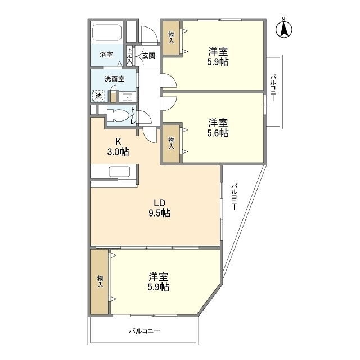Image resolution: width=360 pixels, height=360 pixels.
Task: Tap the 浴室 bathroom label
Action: (106, 55)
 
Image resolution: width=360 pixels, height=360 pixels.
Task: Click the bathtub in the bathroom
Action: (107, 33)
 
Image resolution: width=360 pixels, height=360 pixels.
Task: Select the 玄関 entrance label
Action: (148, 56)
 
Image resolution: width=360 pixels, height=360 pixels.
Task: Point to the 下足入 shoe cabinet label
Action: (129, 55)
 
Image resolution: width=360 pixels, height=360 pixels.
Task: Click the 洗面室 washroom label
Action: (115, 79)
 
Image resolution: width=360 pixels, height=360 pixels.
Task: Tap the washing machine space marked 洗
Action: (99, 96)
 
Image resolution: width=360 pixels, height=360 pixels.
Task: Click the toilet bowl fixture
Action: (118, 115)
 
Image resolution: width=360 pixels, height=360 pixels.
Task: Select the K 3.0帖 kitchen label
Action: (118, 147)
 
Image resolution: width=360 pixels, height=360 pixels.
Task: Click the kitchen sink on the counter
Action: (119, 172)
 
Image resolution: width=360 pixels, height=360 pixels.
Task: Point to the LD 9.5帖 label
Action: (160, 208)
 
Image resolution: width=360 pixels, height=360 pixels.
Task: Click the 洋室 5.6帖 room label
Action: (218, 128)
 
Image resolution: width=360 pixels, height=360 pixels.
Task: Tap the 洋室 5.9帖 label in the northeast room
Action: (218, 57)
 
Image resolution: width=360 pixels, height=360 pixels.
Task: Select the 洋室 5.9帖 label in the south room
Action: (159, 282)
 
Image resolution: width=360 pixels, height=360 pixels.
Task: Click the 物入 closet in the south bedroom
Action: (100, 282)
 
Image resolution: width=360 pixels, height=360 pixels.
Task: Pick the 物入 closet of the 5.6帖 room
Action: (171, 144)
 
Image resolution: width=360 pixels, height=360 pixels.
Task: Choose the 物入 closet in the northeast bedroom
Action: (171, 38)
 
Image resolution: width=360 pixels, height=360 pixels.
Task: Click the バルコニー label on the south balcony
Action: (144, 331)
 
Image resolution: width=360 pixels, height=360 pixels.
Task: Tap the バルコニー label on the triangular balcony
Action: (234, 197)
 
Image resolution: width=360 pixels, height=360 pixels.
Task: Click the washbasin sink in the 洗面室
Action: (127, 97)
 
